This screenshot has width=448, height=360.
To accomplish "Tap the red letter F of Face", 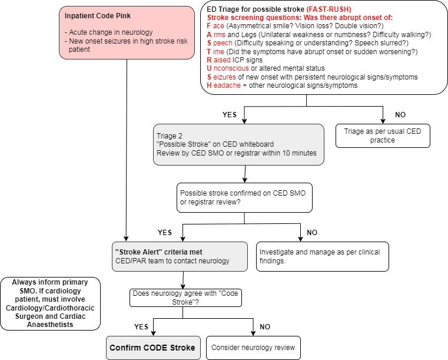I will pos(210,26).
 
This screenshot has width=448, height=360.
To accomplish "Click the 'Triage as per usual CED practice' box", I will pos(383,136).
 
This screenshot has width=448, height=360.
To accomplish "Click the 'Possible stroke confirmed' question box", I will pos(244,197).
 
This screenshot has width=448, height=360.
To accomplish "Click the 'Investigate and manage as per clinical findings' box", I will pos(322,256).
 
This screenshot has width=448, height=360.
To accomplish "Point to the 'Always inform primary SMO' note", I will pos(51,303).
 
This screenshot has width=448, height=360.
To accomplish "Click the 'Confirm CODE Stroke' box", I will pos(152,348).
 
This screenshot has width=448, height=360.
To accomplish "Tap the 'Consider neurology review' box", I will pos(253,348).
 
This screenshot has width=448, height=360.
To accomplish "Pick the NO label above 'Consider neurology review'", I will pos(266,326).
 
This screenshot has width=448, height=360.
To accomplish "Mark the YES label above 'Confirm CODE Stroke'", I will pos(141,326).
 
